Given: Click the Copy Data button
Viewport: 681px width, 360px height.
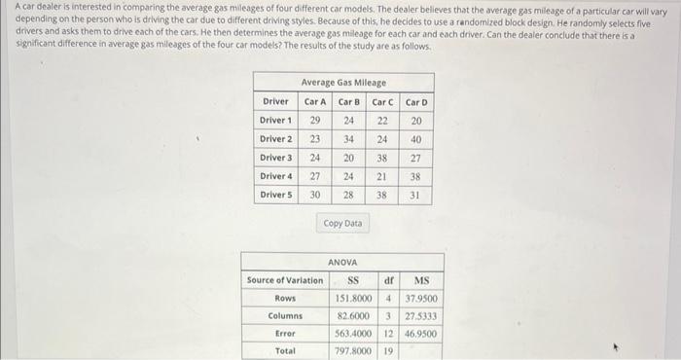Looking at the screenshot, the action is pos(341,223).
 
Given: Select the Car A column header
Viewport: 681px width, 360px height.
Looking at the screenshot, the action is pos(315,102).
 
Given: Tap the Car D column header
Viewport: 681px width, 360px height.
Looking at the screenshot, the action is pos(415,102).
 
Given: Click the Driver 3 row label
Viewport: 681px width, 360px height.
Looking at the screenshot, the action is pos(275,158).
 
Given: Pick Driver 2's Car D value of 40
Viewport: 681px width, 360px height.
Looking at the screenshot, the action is pos(415,139).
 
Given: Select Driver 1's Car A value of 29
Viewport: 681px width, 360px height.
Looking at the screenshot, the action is pos(315,121).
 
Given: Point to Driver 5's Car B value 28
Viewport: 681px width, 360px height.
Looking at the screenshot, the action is pos(348,195).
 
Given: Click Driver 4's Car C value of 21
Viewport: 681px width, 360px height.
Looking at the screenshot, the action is pos(382,176).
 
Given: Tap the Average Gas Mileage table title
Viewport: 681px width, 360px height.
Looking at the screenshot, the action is pos(343,83).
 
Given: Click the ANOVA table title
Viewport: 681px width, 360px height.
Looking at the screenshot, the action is pos(342,263).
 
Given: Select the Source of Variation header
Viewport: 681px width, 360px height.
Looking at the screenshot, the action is pos(285,280).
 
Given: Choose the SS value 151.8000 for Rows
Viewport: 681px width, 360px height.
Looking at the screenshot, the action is pos(355,298).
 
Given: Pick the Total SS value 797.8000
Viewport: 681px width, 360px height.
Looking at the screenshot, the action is pos(355,350).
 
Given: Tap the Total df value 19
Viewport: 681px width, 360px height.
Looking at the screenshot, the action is pos(388,350).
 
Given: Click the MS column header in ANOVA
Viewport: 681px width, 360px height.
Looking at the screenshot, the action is pos(421,280).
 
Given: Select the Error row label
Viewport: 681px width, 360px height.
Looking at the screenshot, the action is pos(285,333).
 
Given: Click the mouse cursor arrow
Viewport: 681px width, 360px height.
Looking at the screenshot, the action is pos(612,344).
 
